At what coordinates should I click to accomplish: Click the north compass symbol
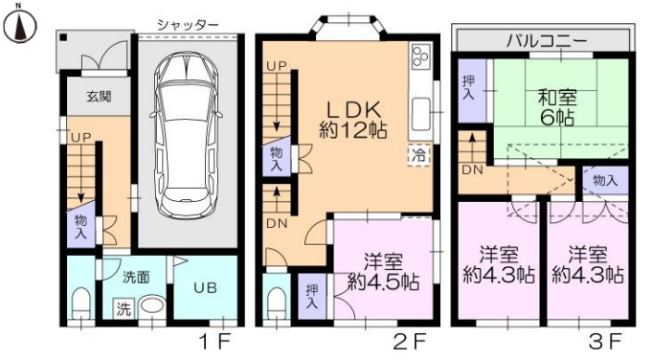pyautogui.click(x=18, y=26)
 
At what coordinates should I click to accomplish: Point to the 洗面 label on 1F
pyautogui.click(x=135, y=277)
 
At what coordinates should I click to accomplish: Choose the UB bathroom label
pyautogui.click(x=205, y=286)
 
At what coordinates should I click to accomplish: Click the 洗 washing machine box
pyautogui.click(x=123, y=309)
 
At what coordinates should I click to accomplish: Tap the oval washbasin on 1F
pyautogui.click(x=152, y=309)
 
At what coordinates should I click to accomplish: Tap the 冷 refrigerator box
pyautogui.click(x=418, y=153)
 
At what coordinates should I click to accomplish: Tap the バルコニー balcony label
pyautogui.click(x=547, y=39)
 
